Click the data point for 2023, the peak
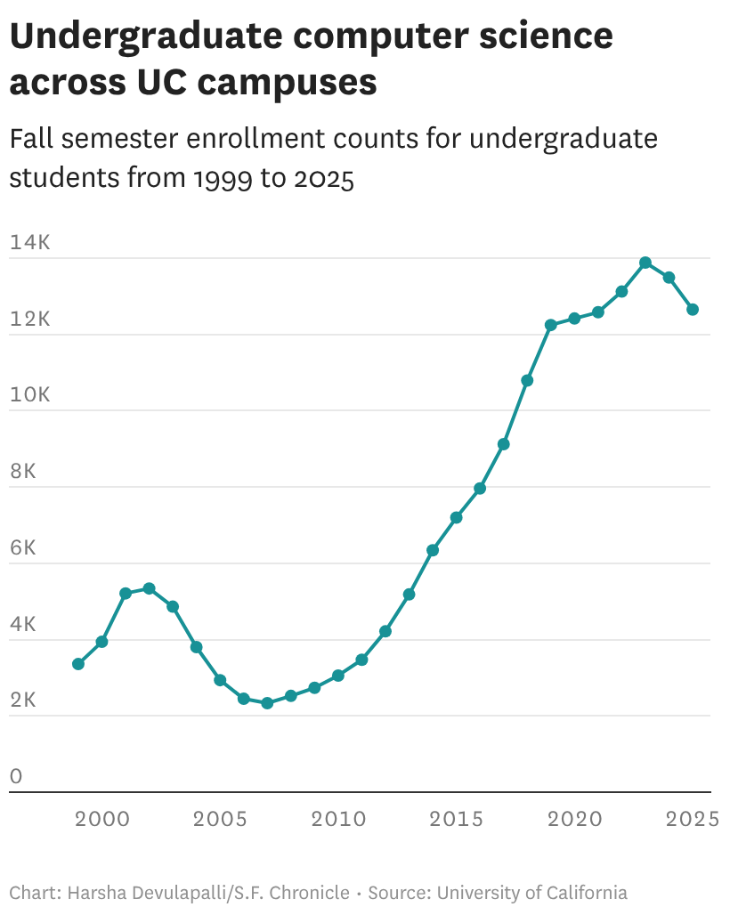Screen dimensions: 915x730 click(645, 263)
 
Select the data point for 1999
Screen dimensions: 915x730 click(78, 664)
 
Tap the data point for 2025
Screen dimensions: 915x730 click(693, 310)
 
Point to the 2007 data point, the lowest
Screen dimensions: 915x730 click(267, 703)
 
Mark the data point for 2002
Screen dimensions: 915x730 click(150, 588)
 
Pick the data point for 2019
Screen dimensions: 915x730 click(551, 325)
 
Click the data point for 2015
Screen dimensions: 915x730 click(456, 517)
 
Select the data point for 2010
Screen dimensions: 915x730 click(338, 676)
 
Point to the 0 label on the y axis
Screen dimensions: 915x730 click(16, 776)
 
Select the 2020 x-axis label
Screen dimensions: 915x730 click(574, 819)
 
